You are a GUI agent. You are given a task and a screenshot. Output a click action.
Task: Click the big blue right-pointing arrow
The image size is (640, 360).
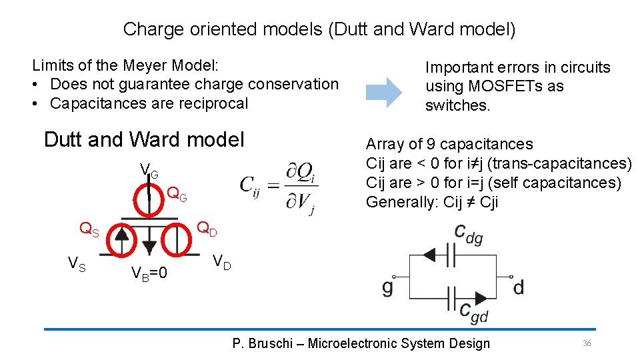(385, 92)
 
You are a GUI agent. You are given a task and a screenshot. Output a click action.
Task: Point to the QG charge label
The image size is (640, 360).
(177, 195)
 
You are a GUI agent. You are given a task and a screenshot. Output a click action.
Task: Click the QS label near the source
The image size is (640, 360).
(89, 230)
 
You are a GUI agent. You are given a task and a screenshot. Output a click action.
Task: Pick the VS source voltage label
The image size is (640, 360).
(77, 264)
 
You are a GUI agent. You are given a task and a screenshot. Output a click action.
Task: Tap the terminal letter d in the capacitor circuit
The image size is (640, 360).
(518, 288)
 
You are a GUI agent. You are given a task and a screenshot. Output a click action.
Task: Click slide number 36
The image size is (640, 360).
(587, 343)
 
